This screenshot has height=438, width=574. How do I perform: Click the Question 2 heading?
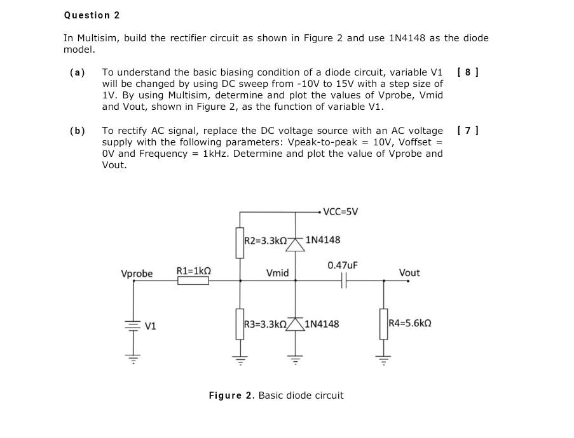pos(92,15)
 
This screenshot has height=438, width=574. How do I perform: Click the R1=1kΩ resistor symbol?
pos(193,281)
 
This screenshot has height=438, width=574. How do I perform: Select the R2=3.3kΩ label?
pos(266,241)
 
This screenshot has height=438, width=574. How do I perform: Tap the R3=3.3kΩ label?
pos(266,324)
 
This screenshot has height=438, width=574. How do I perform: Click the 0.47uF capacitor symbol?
pos(343,281)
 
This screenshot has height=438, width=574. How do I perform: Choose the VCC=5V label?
pos(341,211)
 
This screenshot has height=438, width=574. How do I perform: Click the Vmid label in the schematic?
pos(278,273)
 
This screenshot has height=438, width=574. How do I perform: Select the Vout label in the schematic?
pos(409,273)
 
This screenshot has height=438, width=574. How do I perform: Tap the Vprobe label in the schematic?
pos(137,274)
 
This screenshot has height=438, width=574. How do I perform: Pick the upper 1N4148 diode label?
pos(322,240)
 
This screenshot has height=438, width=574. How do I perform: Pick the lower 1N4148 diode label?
pos(322,324)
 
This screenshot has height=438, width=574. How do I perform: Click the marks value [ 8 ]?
pos(468,72)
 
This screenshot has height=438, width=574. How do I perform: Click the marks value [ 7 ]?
pos(468,131)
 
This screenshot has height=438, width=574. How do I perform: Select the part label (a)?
pos(78,72)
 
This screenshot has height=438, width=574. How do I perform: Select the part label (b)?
pos(78,131)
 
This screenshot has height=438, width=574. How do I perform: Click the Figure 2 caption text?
pos(276,395)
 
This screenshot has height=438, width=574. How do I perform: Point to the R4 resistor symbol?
pos(383,324)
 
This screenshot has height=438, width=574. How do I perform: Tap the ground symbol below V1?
pos(133,359)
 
